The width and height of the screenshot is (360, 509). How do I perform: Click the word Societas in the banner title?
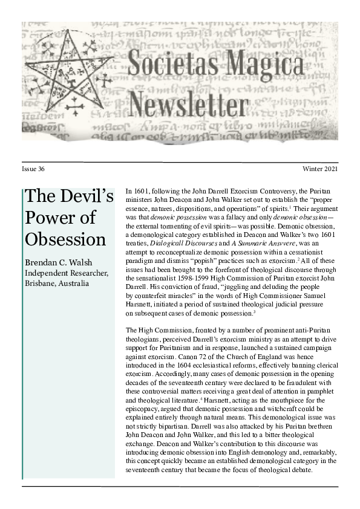(177, 65)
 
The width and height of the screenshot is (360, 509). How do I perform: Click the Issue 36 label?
(33, 169)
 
